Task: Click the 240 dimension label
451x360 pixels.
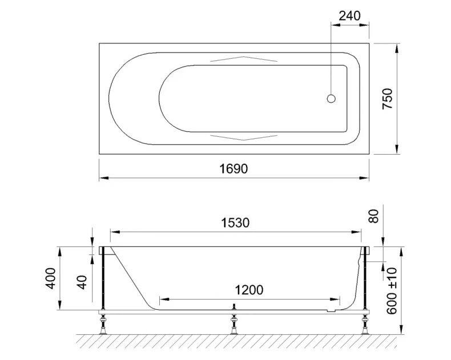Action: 349,15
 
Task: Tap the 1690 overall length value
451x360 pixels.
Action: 235,168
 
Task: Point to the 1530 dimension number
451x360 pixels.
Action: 235,223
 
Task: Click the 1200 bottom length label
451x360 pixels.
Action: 249,289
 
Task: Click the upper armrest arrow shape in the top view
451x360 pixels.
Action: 244,59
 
